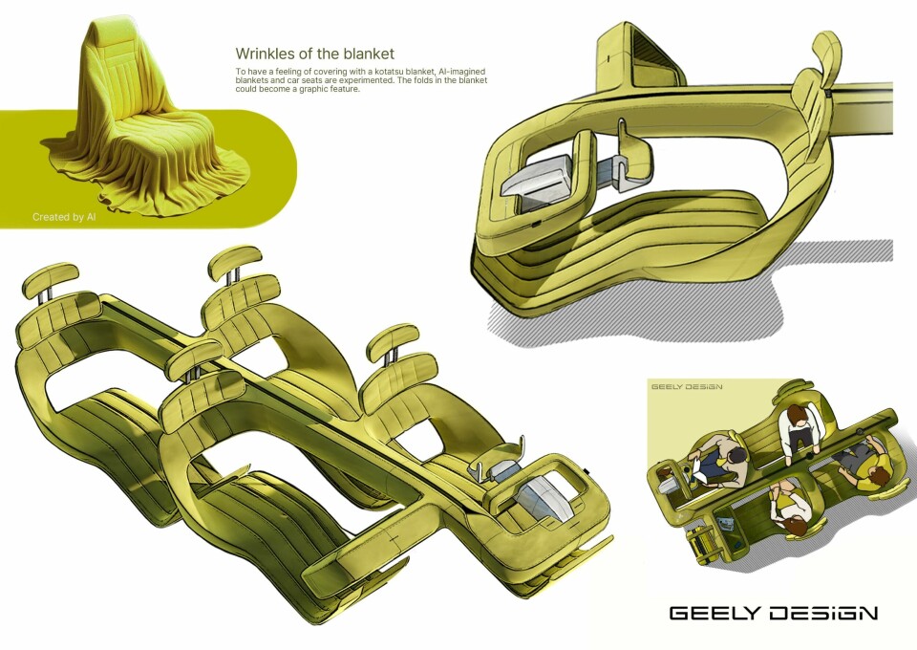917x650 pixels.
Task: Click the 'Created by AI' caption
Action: click(64, 217)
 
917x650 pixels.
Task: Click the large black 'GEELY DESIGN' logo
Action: click(774, 613)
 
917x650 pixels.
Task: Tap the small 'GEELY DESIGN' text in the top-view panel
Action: click(687, 387)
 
